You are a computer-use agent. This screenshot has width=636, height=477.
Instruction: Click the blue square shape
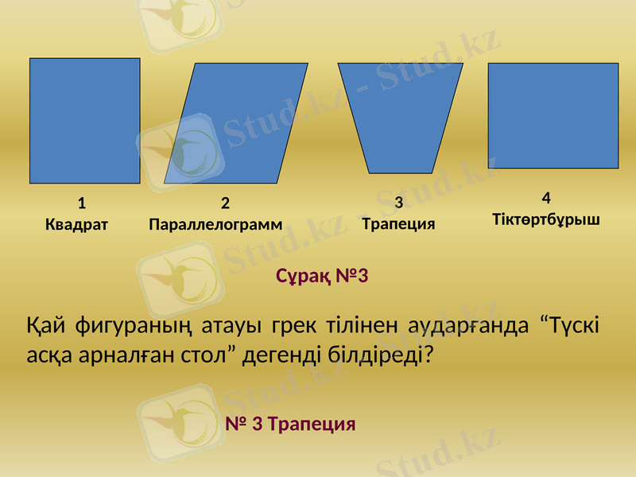[85, 121]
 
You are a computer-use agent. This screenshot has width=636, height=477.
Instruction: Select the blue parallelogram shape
[236, 123]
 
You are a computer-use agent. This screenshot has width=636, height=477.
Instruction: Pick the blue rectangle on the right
[553, 115]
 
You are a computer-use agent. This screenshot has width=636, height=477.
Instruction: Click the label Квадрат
[76, 224]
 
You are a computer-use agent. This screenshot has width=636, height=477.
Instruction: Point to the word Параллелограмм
[215, 224]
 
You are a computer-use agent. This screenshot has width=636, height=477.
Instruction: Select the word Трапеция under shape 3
[398, 223]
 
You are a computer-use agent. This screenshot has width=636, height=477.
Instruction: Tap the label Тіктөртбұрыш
[546, 218]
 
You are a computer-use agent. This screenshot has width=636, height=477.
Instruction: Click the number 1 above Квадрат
[82, 202]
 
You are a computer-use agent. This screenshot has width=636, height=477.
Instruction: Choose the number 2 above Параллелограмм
[225, 203]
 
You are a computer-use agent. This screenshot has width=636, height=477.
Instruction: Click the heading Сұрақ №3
[321, 276]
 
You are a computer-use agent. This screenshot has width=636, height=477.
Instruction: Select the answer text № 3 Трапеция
[290, 423]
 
